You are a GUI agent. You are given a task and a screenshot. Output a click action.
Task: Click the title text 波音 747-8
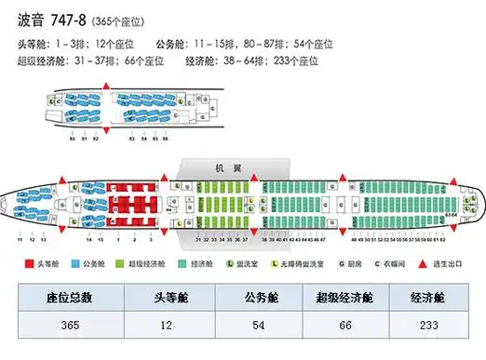(51, 19)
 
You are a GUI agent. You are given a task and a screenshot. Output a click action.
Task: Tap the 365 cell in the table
(69, 326)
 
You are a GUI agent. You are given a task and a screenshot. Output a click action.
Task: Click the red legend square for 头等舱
(29, 264)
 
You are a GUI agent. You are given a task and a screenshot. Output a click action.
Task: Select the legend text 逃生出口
(455, 264)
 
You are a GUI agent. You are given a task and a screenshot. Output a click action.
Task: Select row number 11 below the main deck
(20, 240)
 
